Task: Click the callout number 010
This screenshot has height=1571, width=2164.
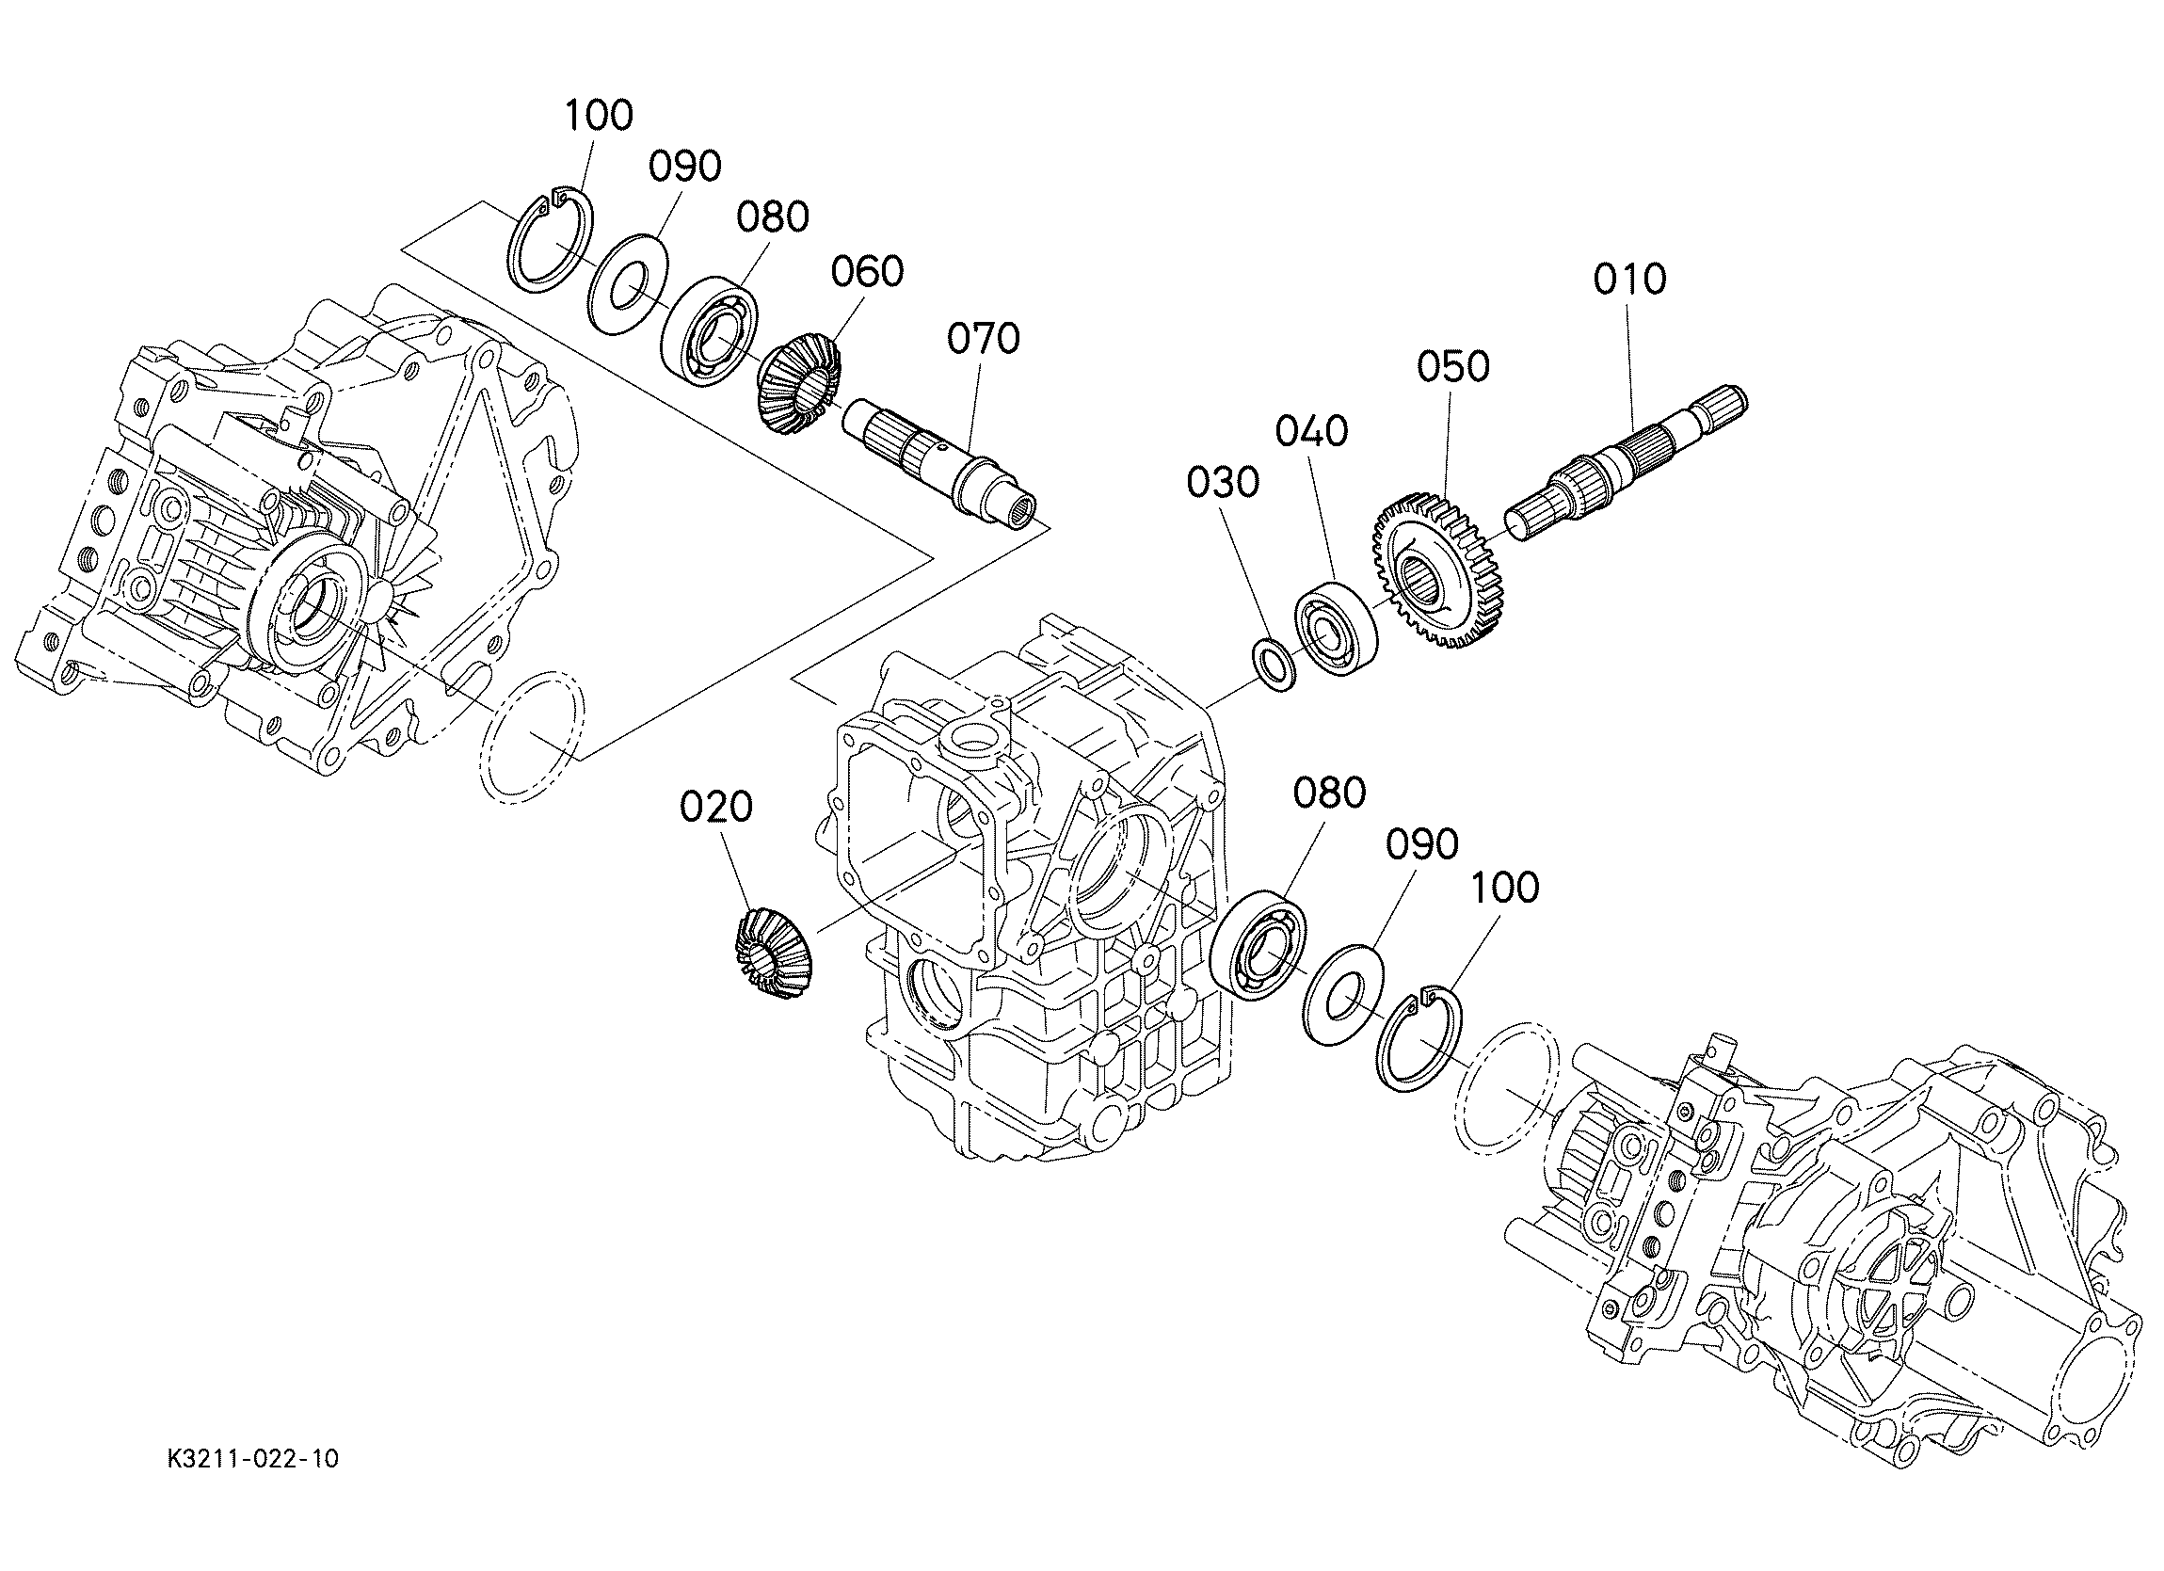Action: [x=1629, y=280]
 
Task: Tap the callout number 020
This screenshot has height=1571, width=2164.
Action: [x=715, y=808]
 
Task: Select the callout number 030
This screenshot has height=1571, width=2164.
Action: [x=1224, y=483]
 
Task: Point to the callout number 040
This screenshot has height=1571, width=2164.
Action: [x=1312, y=431]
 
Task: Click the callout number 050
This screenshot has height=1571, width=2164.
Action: [x=1453, y=366]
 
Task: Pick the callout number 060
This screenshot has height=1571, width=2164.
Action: [x=867, y=272]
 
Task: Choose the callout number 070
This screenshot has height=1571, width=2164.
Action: [x=984, y=338]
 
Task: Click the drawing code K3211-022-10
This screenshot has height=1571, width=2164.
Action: [x=252, y=1486]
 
